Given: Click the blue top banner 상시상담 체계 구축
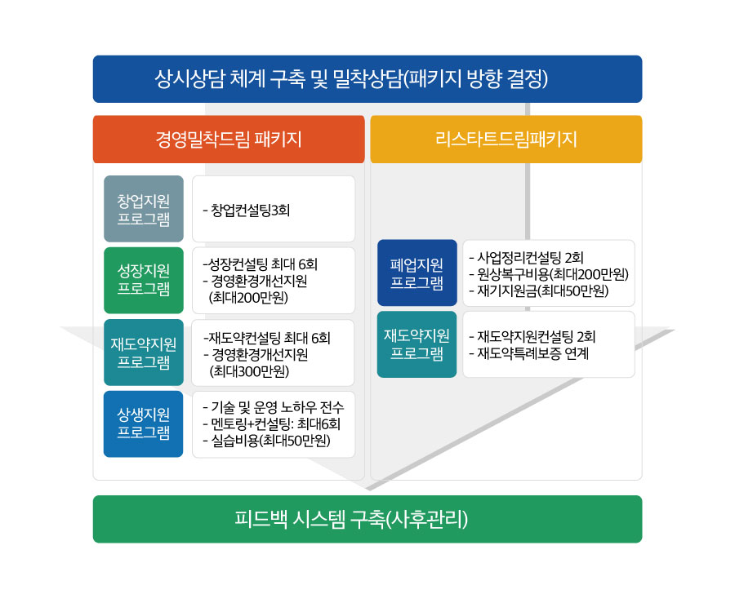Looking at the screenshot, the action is click(367, 79).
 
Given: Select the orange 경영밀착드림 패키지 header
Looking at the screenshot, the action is click(229, 139).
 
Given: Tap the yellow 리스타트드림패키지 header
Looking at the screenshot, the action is click(506, 139).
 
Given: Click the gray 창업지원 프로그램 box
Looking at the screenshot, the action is click(144, 209).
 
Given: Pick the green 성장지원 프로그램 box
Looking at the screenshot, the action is click(144, 280).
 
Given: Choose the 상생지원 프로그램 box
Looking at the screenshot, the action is click(144, 424).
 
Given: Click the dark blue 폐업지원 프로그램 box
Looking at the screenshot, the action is click(417, 273).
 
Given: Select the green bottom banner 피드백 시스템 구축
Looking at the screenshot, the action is click(367, 519).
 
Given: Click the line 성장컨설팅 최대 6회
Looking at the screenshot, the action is click(261, 264).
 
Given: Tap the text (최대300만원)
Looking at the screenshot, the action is click(249, 371).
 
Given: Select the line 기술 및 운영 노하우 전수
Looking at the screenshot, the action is click(274, 407).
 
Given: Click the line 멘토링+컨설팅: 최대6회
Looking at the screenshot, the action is click(272, 424).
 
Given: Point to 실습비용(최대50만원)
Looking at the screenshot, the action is click(267, 441).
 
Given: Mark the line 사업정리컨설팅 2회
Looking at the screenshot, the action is click(527, 257).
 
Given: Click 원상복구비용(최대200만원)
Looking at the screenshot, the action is click(549, 274).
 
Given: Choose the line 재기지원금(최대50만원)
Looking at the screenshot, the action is click(539, 290).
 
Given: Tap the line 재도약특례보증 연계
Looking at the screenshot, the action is click(528, 353).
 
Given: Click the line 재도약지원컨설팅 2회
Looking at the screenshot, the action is click(532, 336).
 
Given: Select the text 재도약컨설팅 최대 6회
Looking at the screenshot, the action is click(267, 338).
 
